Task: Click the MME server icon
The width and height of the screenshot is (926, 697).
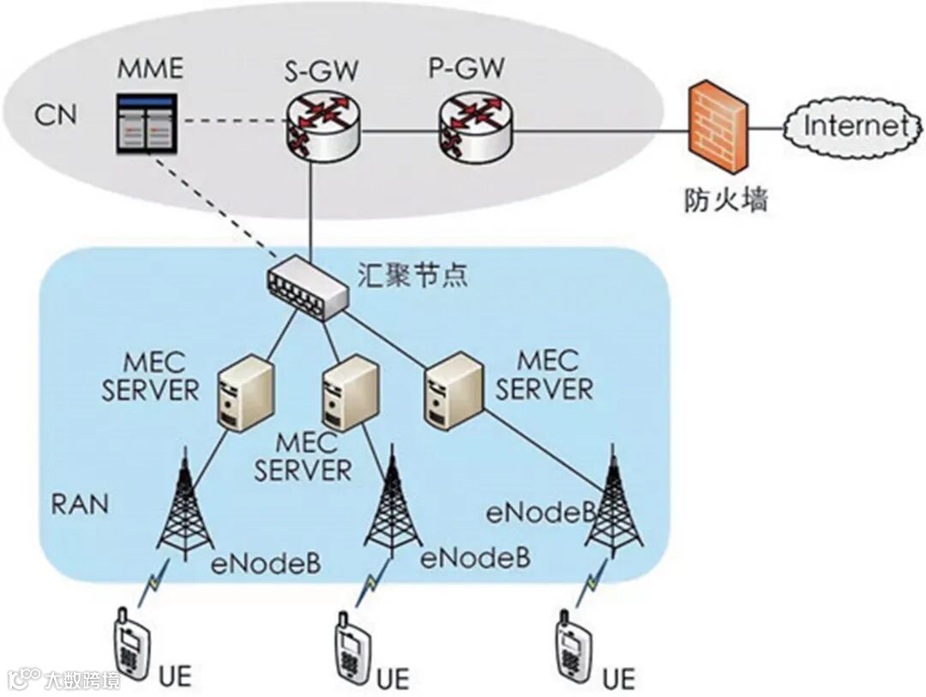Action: click(147, 123)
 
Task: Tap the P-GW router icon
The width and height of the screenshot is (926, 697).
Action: click(475, 127)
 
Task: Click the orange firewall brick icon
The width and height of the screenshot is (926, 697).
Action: click(718, 129)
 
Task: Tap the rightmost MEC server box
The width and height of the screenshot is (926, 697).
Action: click(454, 389)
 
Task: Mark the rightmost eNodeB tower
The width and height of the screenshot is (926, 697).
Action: click(613, 500)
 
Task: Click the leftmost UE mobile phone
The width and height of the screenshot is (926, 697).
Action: click(131, 646)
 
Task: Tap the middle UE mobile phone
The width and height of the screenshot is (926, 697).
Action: click(353, 651)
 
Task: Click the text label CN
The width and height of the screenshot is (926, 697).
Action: click(56, 115)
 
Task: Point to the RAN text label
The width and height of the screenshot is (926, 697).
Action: click(81, 505)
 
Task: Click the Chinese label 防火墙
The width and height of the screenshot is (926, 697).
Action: click(726, 200)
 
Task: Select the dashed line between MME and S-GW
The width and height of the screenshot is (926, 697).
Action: click(232, 123)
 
